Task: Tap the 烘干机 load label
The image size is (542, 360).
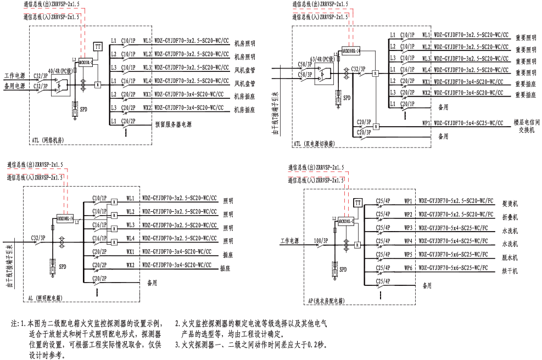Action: point(509,271)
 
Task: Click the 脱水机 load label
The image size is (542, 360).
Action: point(509,257)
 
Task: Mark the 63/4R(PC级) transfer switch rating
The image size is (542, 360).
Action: point(322,58)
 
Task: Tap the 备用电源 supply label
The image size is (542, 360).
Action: point(15,86)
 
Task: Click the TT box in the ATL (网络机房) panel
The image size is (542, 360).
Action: point(98,47)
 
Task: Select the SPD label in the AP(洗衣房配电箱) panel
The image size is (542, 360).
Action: point(343,269)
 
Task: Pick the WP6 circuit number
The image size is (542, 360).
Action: point(408,268)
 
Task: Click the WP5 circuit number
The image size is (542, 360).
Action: point(408,255)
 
